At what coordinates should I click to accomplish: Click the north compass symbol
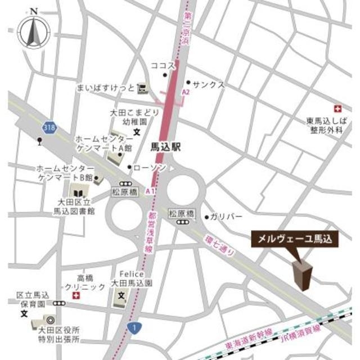pos(33,31)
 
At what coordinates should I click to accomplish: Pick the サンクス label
pos(209,84)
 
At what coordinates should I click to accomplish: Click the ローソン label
pos(150,167)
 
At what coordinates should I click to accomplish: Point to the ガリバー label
pos(227,217)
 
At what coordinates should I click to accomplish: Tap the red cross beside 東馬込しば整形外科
pos(337,108)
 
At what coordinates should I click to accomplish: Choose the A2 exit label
pos(186,92)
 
